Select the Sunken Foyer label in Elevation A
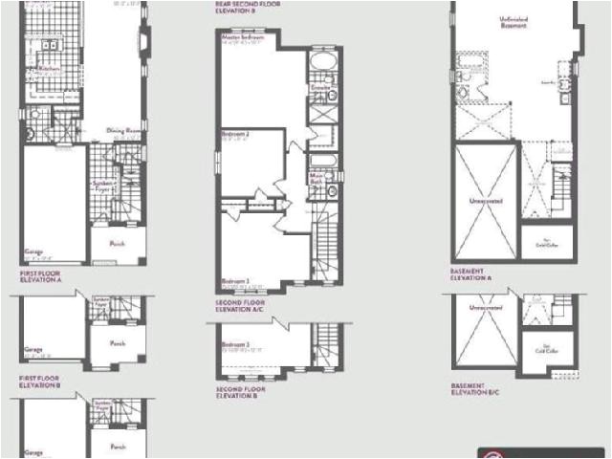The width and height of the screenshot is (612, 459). tap(102, 185)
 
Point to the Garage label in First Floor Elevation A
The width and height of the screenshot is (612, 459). tap(34, 252)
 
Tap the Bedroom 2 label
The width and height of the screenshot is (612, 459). tap(235, 134)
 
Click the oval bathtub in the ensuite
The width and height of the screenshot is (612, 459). tap(319, 65)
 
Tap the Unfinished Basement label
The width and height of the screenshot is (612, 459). tap(514, 21)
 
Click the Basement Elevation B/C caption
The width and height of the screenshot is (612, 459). tap(476, 389)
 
